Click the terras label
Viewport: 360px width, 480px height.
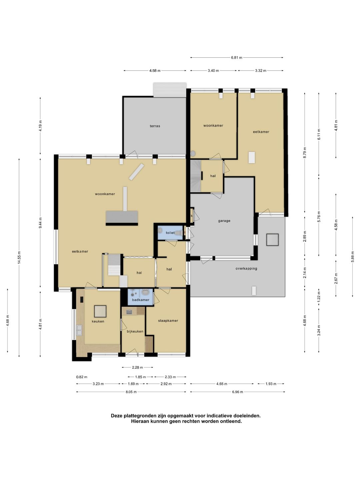point(155,126)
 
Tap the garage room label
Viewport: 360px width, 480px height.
point(224,221)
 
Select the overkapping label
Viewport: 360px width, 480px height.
point(246,269)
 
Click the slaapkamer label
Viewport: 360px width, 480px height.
point(168,321)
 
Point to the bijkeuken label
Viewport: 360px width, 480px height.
point(135,331)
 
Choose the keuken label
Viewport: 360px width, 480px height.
point(98,321)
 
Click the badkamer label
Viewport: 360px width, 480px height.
point(141,300)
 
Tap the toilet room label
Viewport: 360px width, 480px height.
point(170,233)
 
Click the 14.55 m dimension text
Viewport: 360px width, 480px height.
point(19,258)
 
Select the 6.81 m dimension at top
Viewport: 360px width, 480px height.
point(237,58)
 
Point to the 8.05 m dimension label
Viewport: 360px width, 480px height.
point(131,392)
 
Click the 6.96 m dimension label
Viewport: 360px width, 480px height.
point(237,392)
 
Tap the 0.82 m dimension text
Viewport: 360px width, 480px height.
point(82,377)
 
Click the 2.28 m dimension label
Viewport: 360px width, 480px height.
point(137,367)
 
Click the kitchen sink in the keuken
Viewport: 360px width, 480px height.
point(79,330)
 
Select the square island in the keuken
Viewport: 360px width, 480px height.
point(100,311)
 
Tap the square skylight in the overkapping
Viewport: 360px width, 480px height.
point(272,240)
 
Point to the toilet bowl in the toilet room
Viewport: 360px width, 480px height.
point(179,233)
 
